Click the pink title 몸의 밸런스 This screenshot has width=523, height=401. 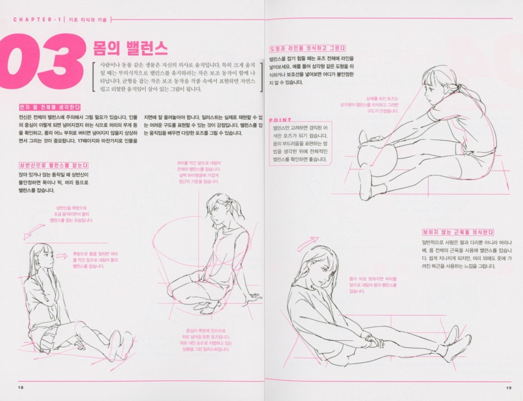(130, 47)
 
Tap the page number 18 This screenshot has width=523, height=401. (20, 387)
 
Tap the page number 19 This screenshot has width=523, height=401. (508, 387)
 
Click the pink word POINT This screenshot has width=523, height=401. (280, 120)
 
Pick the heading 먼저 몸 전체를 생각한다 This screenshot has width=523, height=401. (50, 107)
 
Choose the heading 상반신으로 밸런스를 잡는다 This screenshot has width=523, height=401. (53, 165)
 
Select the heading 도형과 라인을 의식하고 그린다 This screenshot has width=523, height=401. (307, 48)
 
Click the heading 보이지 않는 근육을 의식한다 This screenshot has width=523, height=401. (458, 232)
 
